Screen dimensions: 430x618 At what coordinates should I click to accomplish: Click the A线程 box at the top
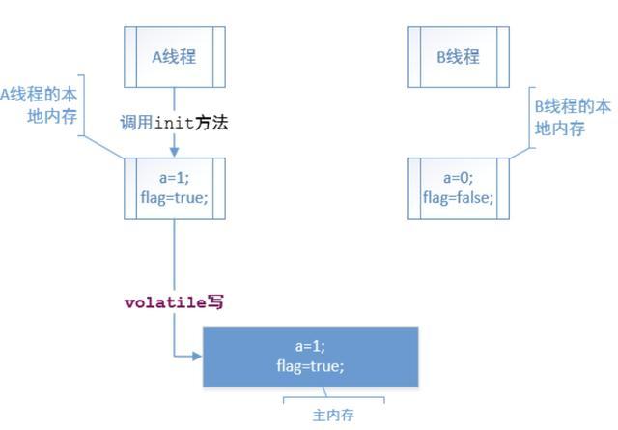tap(174, 56)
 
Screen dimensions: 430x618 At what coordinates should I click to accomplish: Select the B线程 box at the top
tap(458, 56)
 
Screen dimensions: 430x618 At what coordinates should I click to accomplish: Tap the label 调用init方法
tap(174, 123)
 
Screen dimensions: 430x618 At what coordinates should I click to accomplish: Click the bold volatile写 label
tap(174, 301)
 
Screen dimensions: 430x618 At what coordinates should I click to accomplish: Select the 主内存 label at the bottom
tap(333, 416)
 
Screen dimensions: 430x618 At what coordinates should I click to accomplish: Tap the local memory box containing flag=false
tap(458, 187)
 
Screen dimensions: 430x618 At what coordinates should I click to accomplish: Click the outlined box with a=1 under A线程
tap(174, 187)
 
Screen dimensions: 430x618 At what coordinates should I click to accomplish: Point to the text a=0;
tap(458, 178)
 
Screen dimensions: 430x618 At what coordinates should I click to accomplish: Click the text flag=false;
tap(458, 197)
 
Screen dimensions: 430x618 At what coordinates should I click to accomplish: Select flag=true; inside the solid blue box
tap(311, 366)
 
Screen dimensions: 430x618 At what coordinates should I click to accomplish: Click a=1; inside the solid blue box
tap(311, 346)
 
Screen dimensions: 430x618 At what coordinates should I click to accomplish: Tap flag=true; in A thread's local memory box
tap(174, 198)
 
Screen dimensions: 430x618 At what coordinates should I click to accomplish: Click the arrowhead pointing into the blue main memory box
tap(197, 356)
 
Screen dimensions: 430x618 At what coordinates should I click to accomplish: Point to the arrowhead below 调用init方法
tap(174, 151)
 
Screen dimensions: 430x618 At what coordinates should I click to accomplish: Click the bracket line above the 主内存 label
tap(333, 397)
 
